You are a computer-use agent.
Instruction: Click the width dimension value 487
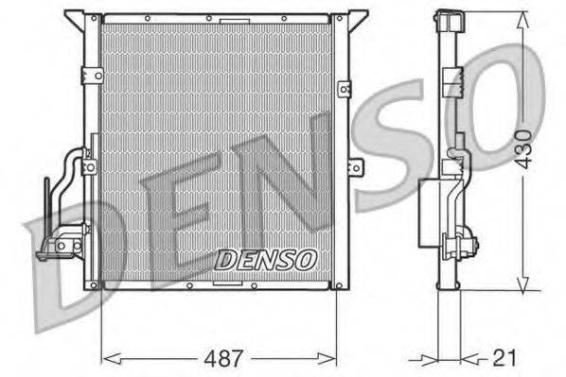[x=224, y=359]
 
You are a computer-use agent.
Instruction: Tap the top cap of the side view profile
[x=448, y=19]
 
